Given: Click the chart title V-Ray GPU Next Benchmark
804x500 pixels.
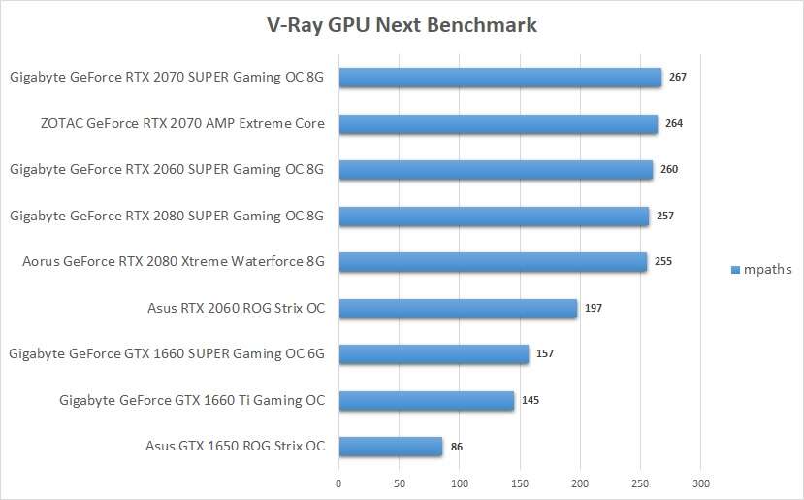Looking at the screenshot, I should (402, 25).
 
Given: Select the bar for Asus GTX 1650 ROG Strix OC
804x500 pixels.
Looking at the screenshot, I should (390, 447).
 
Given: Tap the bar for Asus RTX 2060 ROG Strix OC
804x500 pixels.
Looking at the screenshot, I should (458, 309).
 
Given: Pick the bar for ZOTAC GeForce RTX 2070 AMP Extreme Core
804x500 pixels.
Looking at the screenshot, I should (498, 124).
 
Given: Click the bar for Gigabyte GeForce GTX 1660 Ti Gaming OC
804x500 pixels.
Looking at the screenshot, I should (426, 400).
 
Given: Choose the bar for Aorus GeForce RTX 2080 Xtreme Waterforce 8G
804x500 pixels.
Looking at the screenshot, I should (493, 262).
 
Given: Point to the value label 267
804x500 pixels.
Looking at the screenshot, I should (678, 76).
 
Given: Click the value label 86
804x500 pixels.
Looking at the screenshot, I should (458, 447).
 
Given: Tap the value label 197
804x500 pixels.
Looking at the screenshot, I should (593, 309).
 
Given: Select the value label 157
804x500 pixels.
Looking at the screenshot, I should (544, 353).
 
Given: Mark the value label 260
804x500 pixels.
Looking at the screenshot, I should (669, 169).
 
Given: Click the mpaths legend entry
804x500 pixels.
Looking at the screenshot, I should (761, 269).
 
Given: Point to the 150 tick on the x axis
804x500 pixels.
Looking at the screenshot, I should (520, 483).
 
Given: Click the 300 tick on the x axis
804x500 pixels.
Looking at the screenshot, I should (701, 483).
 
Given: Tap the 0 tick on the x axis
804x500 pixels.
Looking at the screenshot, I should (338, 483).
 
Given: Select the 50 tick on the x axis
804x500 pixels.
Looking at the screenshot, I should (399, 483).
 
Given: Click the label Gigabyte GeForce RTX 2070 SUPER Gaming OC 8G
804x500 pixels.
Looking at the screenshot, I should (167, 77).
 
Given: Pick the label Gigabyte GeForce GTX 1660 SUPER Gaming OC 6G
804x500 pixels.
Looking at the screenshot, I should (167, 353).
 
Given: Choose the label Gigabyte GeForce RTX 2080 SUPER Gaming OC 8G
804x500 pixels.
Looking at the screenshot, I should (167, 215).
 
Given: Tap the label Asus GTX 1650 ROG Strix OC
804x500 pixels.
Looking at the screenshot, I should (236, 447).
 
